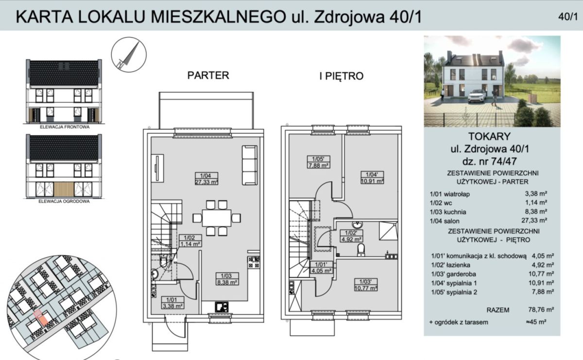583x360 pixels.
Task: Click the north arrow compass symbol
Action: (129, 55)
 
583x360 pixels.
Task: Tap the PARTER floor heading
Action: (208, 75)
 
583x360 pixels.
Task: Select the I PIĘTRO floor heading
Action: (341, 76)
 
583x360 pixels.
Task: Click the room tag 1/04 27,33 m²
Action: (206, 179)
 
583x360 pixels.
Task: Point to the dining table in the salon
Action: (217, 218)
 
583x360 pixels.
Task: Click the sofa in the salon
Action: (250, 165)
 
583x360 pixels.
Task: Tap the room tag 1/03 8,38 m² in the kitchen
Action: (226, 279)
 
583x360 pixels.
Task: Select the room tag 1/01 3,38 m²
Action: (172, 303)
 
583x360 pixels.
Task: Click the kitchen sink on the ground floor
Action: (222, 307)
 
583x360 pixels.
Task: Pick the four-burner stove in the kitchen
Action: (254, 262)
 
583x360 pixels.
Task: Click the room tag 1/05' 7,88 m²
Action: (318, 162)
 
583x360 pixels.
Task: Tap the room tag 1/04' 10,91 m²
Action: (372, 177)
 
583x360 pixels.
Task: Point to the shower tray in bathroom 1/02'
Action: (388, 231)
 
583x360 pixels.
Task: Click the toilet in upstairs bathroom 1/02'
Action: (361, 250)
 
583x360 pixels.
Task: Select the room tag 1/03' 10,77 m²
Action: (366, 285)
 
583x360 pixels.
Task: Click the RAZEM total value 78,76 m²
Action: (541, 309)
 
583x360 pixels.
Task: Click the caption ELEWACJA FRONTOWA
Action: (65, 127)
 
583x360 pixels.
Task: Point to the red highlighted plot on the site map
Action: (41, 317)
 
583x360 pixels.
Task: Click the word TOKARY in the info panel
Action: (490, 137)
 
